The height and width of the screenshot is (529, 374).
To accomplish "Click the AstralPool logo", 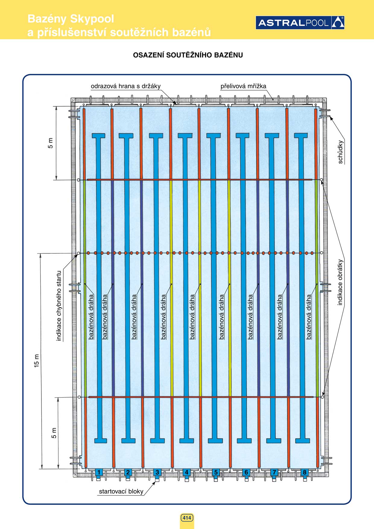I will point(300,23).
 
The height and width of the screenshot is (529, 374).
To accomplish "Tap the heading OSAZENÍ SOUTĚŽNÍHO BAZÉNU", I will point(188,55).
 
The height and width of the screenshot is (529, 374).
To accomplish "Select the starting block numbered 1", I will point(98,472).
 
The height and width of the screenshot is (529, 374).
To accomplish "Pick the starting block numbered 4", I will point(186,472).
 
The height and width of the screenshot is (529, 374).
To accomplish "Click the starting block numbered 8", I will point(304,472).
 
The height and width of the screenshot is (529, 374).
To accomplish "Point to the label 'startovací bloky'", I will point(121,491).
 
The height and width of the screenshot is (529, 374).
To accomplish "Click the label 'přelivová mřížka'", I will point(243,86).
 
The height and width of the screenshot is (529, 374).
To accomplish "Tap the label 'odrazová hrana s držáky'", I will point(125,86).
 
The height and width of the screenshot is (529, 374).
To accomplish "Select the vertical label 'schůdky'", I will point(340,152).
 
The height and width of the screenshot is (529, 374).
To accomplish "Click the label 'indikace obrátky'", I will point(340,282).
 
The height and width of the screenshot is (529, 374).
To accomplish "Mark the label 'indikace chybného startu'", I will point(59,306).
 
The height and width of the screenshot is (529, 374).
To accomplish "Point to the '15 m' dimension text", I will point(36,360).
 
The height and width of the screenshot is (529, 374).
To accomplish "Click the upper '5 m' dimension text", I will point(50,143).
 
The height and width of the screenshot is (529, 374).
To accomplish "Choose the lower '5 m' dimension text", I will point(54,433).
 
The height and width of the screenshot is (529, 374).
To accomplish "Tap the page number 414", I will point(187,518).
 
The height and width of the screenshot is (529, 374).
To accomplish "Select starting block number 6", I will point(246,472).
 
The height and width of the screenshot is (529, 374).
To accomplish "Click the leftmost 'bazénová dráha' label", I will point(91,317).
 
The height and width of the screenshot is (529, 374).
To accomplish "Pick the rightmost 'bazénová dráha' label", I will point(309,317).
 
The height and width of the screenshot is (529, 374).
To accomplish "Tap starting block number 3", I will point(157,472).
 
